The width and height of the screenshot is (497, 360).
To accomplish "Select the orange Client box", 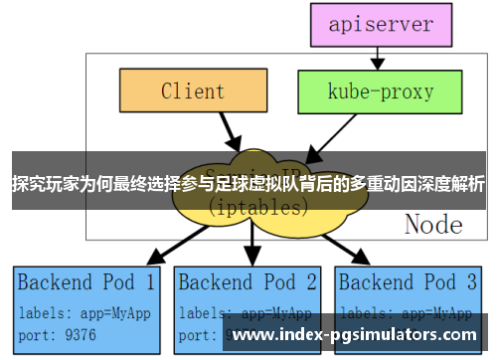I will [192, 91].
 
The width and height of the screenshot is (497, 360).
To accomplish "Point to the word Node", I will [433, 224].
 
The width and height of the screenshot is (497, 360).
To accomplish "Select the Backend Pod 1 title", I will [86, 281].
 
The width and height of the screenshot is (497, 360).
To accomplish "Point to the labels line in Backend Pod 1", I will [84, 311].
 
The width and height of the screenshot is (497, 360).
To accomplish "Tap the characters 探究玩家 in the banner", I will [45, 184].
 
